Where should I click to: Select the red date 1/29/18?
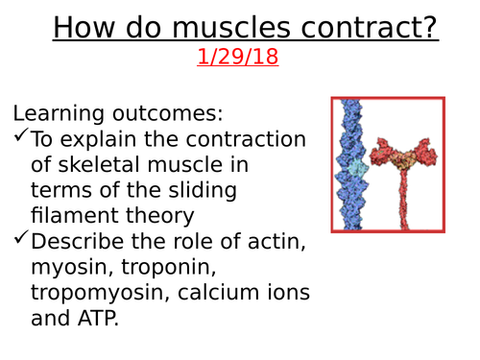pyautogui.click(x=237, y=57)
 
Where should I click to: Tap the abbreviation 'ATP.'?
pyautogui.click(x=97, y=320)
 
